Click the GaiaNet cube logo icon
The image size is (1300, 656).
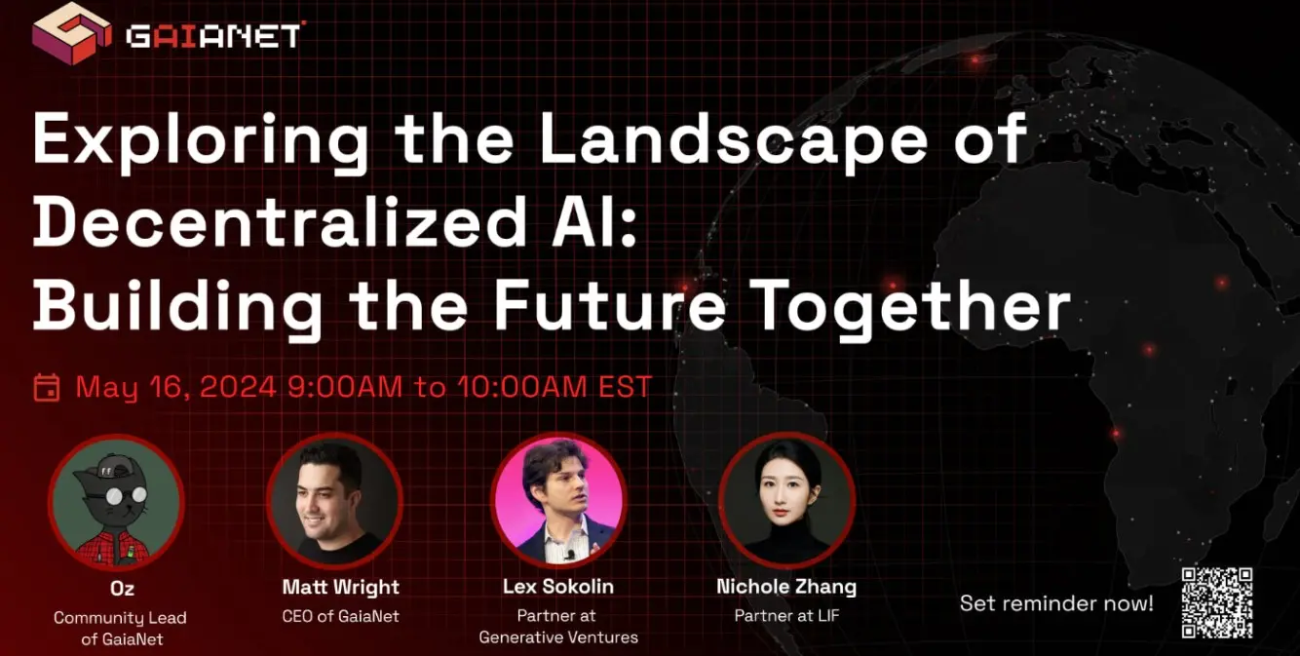71,32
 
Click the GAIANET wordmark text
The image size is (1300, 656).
214,37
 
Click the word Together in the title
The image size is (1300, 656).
913,306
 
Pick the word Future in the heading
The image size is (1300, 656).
609,304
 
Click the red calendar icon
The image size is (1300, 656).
47,387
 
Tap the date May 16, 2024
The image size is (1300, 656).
175,387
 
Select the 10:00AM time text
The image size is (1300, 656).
521,387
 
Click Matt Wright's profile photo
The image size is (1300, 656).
335,499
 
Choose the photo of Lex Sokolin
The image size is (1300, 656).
558,499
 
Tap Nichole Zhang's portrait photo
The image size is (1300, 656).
786,499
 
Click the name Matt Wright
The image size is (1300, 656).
341,587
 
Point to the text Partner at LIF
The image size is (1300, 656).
787,615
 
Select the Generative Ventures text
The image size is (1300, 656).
558,637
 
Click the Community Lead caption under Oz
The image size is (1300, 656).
120,618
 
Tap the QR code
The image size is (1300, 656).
1217,603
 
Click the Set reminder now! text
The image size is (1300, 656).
1056,603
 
